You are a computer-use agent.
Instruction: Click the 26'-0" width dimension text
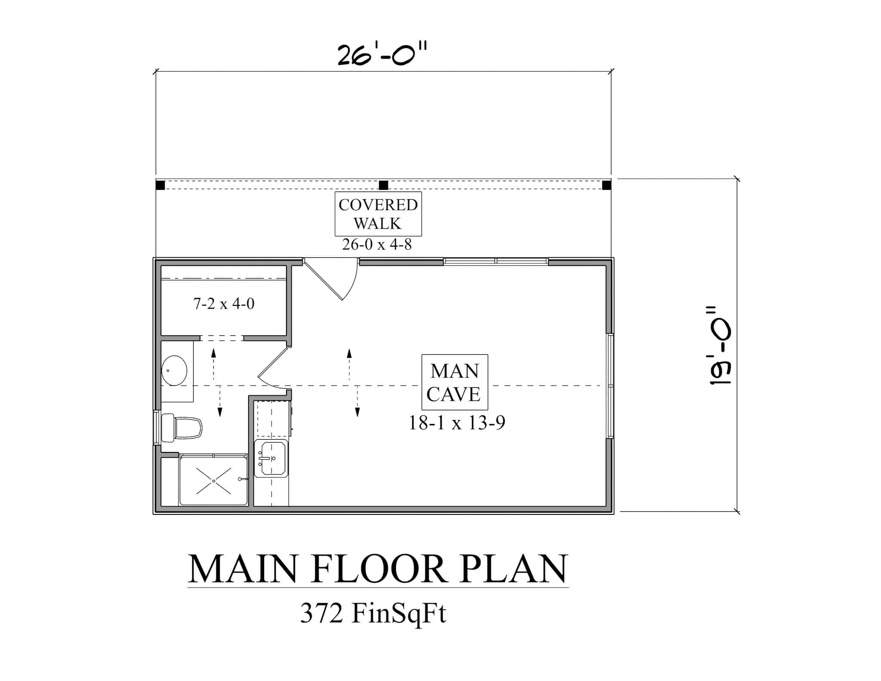(382, 55)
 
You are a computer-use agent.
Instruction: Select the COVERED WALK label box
(378, 214)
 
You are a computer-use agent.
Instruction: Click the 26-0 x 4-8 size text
(377, 245)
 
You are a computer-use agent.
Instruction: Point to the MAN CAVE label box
(455, 382)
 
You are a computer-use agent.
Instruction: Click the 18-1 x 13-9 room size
(456, 423)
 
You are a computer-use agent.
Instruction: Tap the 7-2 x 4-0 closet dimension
(224, 304)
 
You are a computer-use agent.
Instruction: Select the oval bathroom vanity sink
(174, 370)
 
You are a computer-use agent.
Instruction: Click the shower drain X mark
(214, 480)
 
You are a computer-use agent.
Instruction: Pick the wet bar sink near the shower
(271, 459)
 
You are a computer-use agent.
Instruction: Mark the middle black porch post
(383, 185)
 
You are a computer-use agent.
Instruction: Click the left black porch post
(160, 185)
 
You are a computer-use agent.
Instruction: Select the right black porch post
(606, 185)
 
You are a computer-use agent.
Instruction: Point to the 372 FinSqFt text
(373, 613)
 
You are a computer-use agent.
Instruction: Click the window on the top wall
(496, 261)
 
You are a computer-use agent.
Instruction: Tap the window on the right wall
(610, 386)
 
